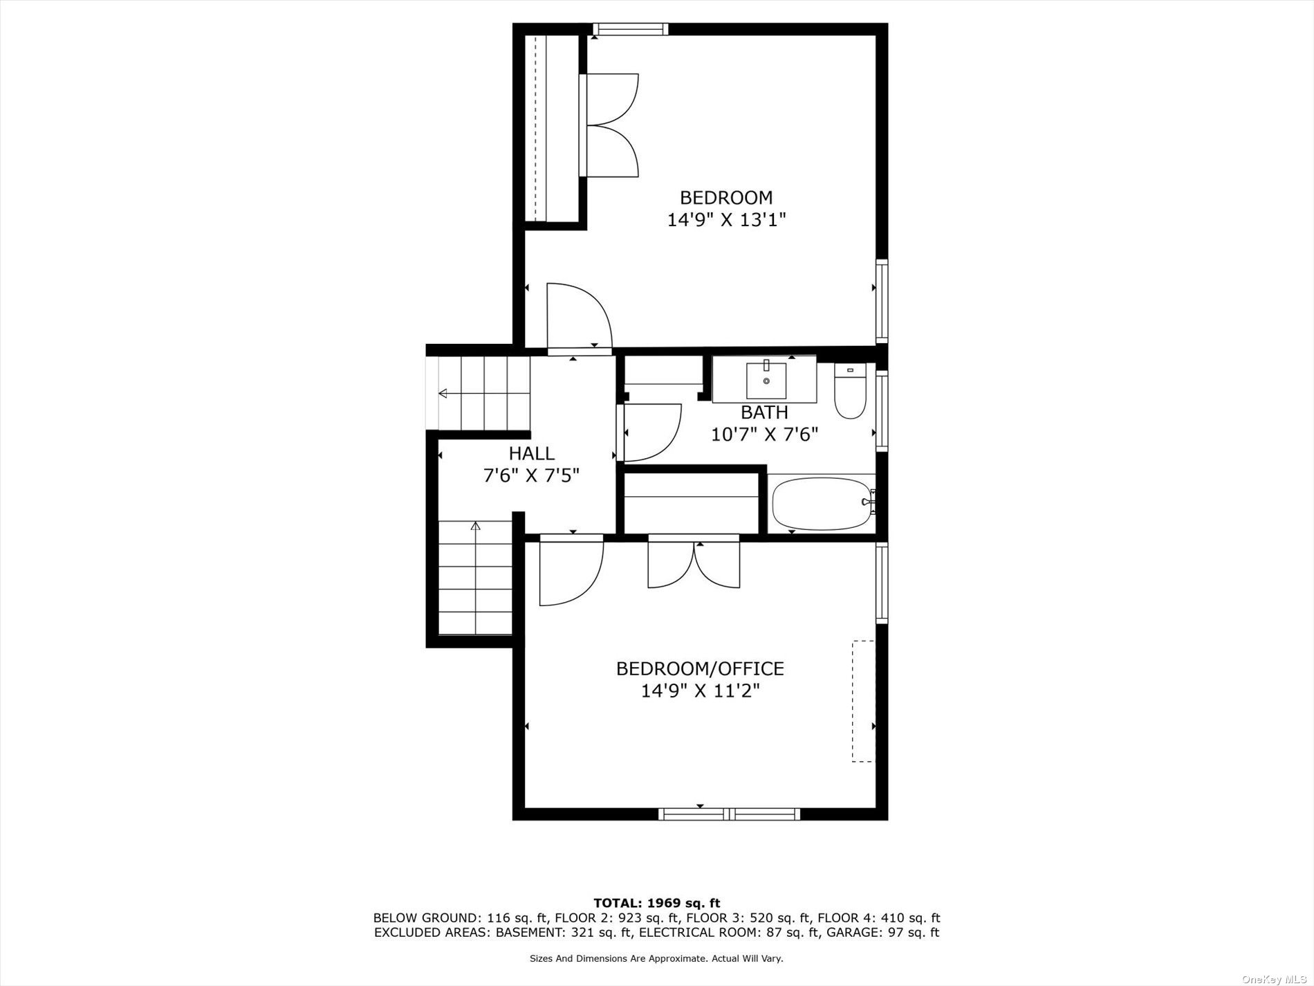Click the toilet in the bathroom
850,391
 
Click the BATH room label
764,412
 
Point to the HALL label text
531,453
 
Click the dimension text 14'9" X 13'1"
726,220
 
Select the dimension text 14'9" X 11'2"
700,691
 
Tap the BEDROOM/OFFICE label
700,668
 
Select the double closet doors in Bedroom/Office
694,562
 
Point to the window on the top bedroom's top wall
630,29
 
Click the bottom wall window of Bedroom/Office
729,814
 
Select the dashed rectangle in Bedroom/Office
863,701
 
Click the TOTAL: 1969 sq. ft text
656,903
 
